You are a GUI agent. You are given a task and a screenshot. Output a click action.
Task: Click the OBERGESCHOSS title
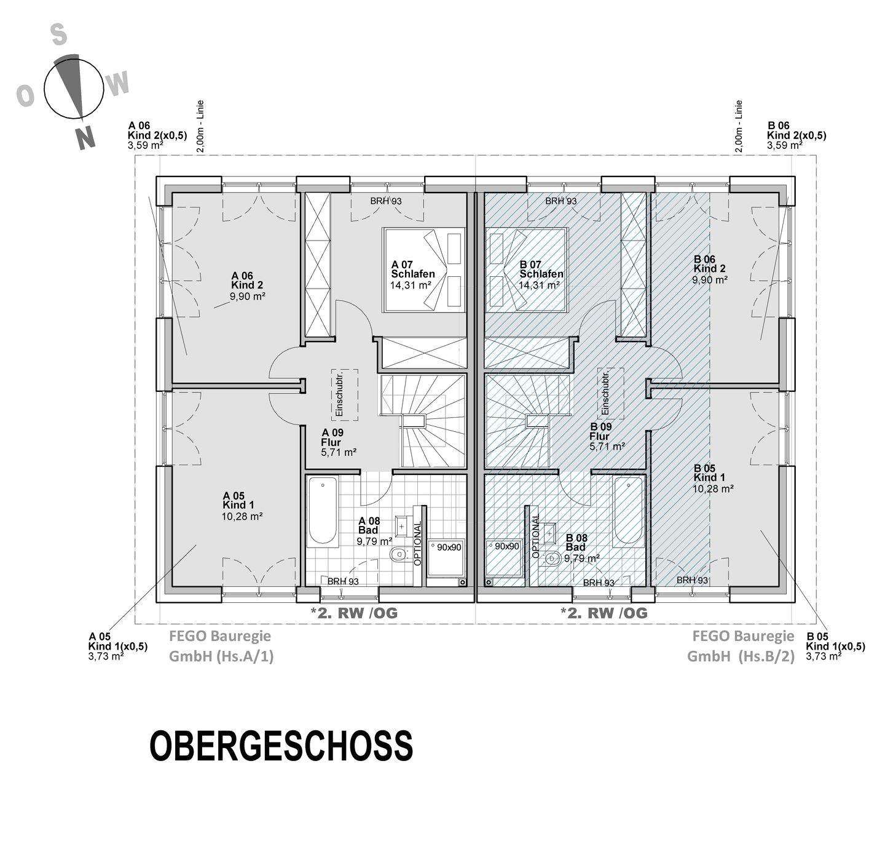(281, 746)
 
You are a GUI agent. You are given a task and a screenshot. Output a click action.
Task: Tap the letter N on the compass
(85, 138)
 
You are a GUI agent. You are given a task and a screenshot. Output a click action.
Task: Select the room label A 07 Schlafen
(412, 269)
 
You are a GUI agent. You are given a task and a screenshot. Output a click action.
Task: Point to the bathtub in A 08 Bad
(322, 511)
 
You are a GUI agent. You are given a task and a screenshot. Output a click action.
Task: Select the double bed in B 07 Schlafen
(525, 269)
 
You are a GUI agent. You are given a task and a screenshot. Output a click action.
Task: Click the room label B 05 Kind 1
(709, 473)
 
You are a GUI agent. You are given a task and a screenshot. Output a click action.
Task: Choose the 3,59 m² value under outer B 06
(784, 146)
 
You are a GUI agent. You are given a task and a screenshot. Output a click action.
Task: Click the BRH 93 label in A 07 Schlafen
(386, 201)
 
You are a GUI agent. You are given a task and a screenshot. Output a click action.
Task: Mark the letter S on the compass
(58, 34)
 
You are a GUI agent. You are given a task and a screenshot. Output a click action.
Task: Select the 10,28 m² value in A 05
(242, 516)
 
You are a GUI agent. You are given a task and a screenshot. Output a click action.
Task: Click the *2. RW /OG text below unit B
(604, 613)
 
